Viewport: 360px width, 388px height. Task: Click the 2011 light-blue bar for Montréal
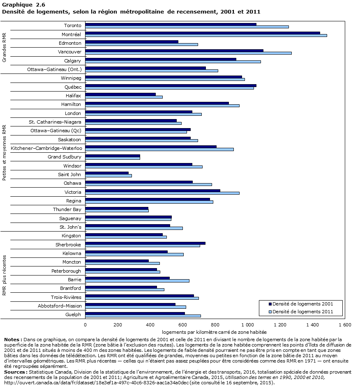(x=206, y=36)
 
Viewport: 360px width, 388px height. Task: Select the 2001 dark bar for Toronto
(x=171, y=24)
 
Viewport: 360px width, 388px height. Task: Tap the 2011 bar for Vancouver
(x=188, y=53)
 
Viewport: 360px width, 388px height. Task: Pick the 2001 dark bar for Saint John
(x=107, y=173)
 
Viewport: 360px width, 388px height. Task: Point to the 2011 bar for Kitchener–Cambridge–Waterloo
(x=159, y=149)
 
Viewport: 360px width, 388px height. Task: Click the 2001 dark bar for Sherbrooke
(x=145, y=243)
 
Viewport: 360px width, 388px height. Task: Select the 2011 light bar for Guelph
(x=143, y=316)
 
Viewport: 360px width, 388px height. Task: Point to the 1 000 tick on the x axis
(x=247, y=325)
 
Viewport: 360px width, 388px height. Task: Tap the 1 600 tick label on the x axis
(x=345, y=325)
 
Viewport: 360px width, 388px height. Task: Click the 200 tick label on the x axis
(x=118, y=325)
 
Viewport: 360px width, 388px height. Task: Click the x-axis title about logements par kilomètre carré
(x=214, y=332)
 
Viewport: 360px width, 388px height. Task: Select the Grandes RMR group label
(x=5, y=47)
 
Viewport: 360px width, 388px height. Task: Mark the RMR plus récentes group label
(x=5, y=275)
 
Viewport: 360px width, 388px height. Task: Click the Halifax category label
(x=73, y=96)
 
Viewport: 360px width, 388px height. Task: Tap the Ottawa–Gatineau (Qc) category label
(x=56, y=131)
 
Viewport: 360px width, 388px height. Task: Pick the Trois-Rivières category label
(x=66, y=297)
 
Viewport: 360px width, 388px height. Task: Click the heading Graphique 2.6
(x=18, y=5)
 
